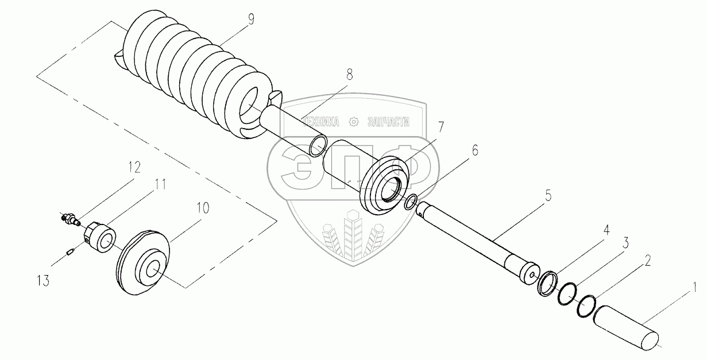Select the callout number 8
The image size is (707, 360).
(x=350, y=74)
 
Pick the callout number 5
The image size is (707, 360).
(x=548, y=196)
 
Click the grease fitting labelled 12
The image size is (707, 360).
(x=71, y=219)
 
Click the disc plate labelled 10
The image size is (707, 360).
(x=144, y=263)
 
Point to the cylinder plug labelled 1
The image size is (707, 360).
(x=627, y=327)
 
